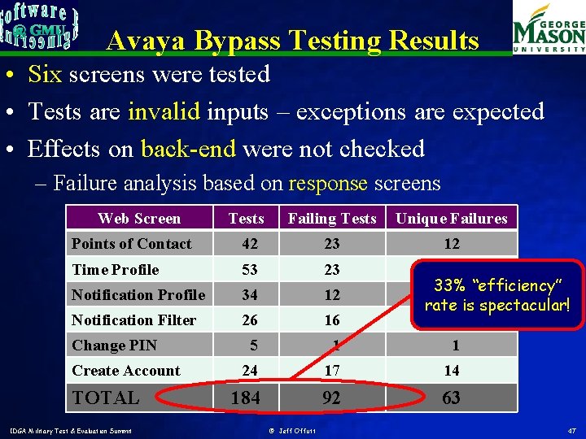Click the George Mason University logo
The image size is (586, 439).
point(549,30)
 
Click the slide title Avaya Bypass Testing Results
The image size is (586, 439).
point(293,40)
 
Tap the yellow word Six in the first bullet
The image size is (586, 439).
point(45,75)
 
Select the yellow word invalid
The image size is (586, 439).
point(164,111)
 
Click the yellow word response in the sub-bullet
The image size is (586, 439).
point(328,183)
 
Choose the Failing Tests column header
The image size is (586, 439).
point(332,218)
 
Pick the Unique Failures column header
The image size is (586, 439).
point(451,218)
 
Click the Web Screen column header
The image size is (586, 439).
point(139,218)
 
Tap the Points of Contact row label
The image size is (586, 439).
point(131,244)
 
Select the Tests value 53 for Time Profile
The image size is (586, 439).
point(249,270)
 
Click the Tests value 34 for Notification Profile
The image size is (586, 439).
point(249,295)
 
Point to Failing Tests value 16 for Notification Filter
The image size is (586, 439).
point(331,320)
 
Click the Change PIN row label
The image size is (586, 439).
point(114,346)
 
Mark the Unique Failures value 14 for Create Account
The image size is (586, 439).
point(451,371)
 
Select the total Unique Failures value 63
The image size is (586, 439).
point(451,398)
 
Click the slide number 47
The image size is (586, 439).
point(571,429)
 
